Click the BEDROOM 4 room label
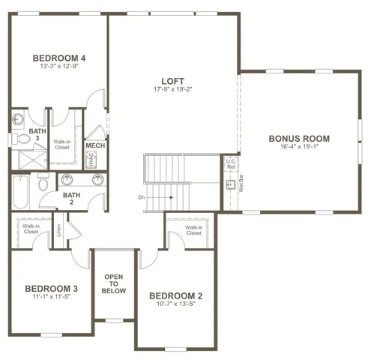pos(59,58)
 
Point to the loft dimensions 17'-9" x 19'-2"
pos(173,89)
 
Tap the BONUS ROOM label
pos(299,139)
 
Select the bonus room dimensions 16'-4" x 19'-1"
pos(299,148)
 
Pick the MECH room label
pos(95,145)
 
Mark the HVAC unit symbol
pos(91,159)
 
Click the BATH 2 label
pos(71,199)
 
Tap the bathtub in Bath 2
pos(20,193)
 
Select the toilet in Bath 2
pos(43,182)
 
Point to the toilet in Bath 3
pos(16,138)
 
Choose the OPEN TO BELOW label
pos(114,283)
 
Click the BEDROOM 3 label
pos(52,289)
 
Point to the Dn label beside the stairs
pos(142,198)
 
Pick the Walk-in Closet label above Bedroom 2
pos(194,230)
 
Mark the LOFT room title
pos(173,81)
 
